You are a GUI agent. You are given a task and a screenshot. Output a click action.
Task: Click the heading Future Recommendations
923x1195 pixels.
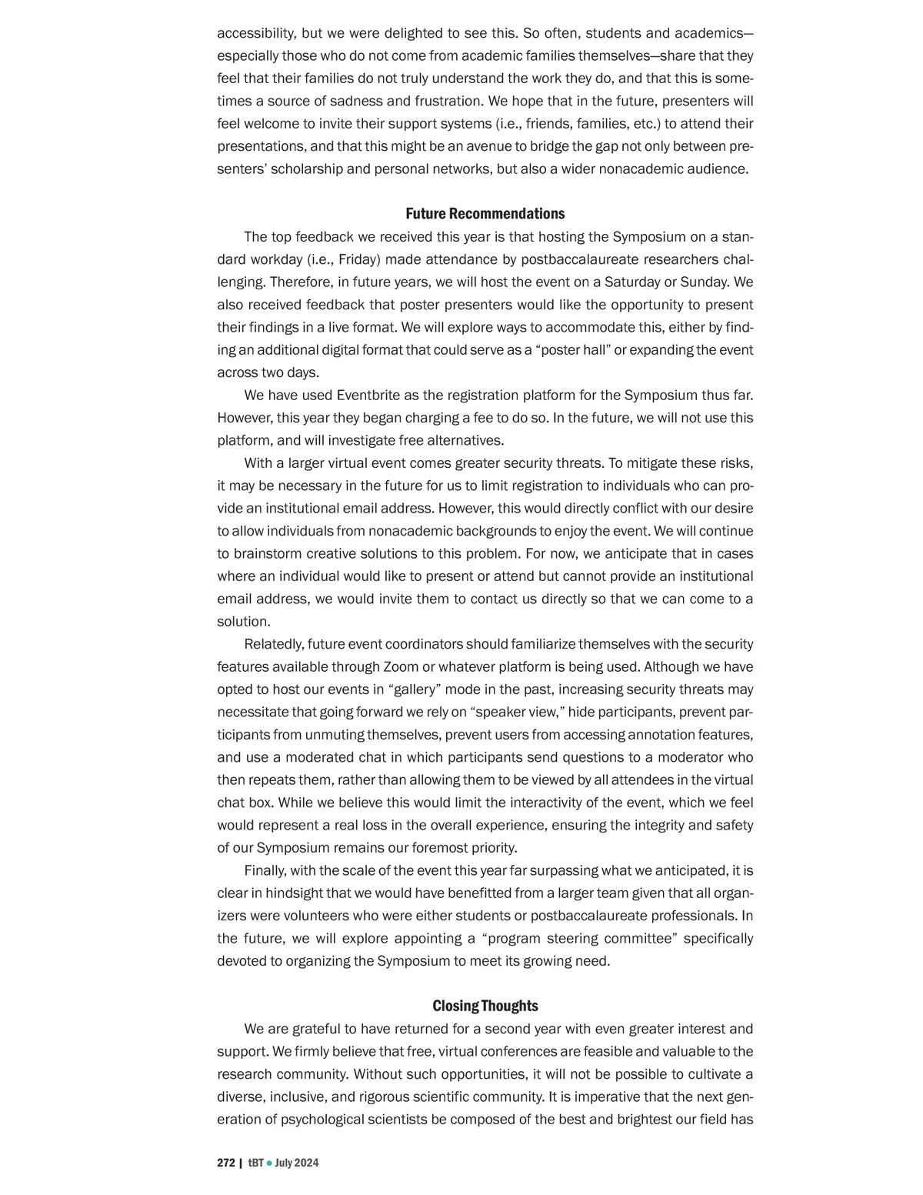485,214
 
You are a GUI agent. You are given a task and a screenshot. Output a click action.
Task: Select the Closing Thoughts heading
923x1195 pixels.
485,1006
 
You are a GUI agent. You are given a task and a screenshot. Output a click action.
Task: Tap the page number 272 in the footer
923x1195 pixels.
225,1163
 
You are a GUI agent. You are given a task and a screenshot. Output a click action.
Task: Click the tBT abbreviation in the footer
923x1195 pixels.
255,1163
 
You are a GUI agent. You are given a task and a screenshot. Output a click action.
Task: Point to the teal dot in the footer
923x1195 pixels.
269,1163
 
